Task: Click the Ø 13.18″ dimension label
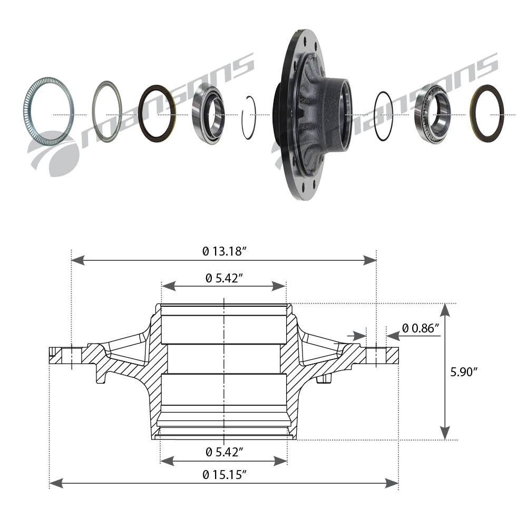[224, 251]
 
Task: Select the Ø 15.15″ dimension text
[224, 475]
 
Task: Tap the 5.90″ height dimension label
[464, 372]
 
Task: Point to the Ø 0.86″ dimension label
[421, 328]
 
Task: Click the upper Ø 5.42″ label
[224, 278]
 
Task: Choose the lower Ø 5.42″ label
[224, 452]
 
